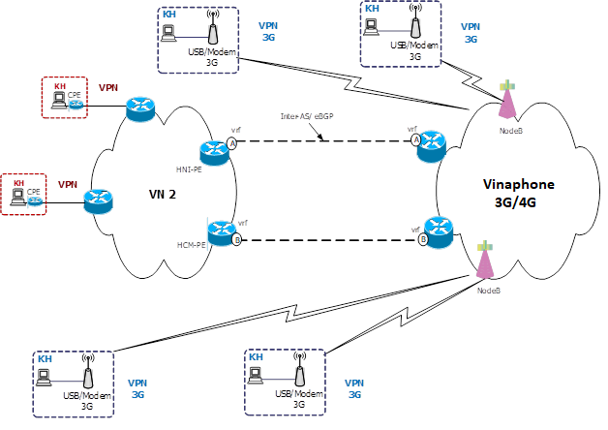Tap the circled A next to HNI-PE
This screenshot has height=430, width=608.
tap(232, 143)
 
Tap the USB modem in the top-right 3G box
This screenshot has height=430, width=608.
tap(414, 27)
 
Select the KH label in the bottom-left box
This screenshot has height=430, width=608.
tap(45, 358)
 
